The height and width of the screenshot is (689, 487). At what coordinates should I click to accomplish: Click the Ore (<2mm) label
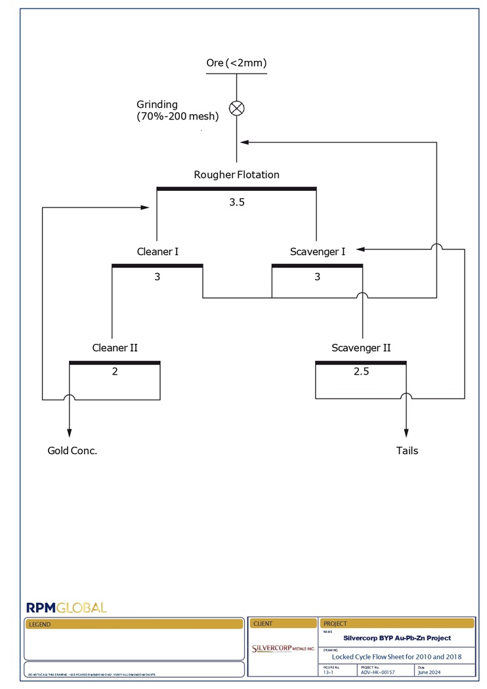click(236, 63)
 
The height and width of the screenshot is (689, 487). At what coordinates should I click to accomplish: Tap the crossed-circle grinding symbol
click(236, 108)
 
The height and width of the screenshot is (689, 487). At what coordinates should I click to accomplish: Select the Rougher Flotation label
click(236, 175)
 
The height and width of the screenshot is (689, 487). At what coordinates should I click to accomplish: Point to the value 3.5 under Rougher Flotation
click(236, 202)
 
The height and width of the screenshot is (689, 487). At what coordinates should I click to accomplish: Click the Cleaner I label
click(158, 251)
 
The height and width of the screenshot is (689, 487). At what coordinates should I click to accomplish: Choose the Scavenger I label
click(317, 251)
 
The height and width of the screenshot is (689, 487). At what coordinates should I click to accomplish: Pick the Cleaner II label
click(115, 348)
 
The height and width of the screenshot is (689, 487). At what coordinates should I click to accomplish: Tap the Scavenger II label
click(361, 348)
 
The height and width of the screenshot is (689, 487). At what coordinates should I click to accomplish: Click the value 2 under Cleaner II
click(115, 371)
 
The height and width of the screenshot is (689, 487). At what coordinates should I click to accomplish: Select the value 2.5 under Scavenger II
click(361, 371)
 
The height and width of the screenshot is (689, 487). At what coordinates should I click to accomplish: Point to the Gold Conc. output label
click(72, 451)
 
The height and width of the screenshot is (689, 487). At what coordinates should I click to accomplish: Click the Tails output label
click(407, 451)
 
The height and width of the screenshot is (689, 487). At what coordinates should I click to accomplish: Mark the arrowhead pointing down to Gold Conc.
click(69, 432)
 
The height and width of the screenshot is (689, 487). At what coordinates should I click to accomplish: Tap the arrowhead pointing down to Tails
click(406, 432)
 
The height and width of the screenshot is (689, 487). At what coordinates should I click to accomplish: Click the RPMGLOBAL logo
click(66, 608)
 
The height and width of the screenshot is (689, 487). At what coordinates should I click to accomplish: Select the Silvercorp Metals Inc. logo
click(283, 648)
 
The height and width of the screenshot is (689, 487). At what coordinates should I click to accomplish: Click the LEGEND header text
click(39, 625)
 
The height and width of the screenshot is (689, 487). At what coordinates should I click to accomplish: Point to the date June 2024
click(431, 672)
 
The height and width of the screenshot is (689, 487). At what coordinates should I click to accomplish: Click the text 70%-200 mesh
click(178, 117)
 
